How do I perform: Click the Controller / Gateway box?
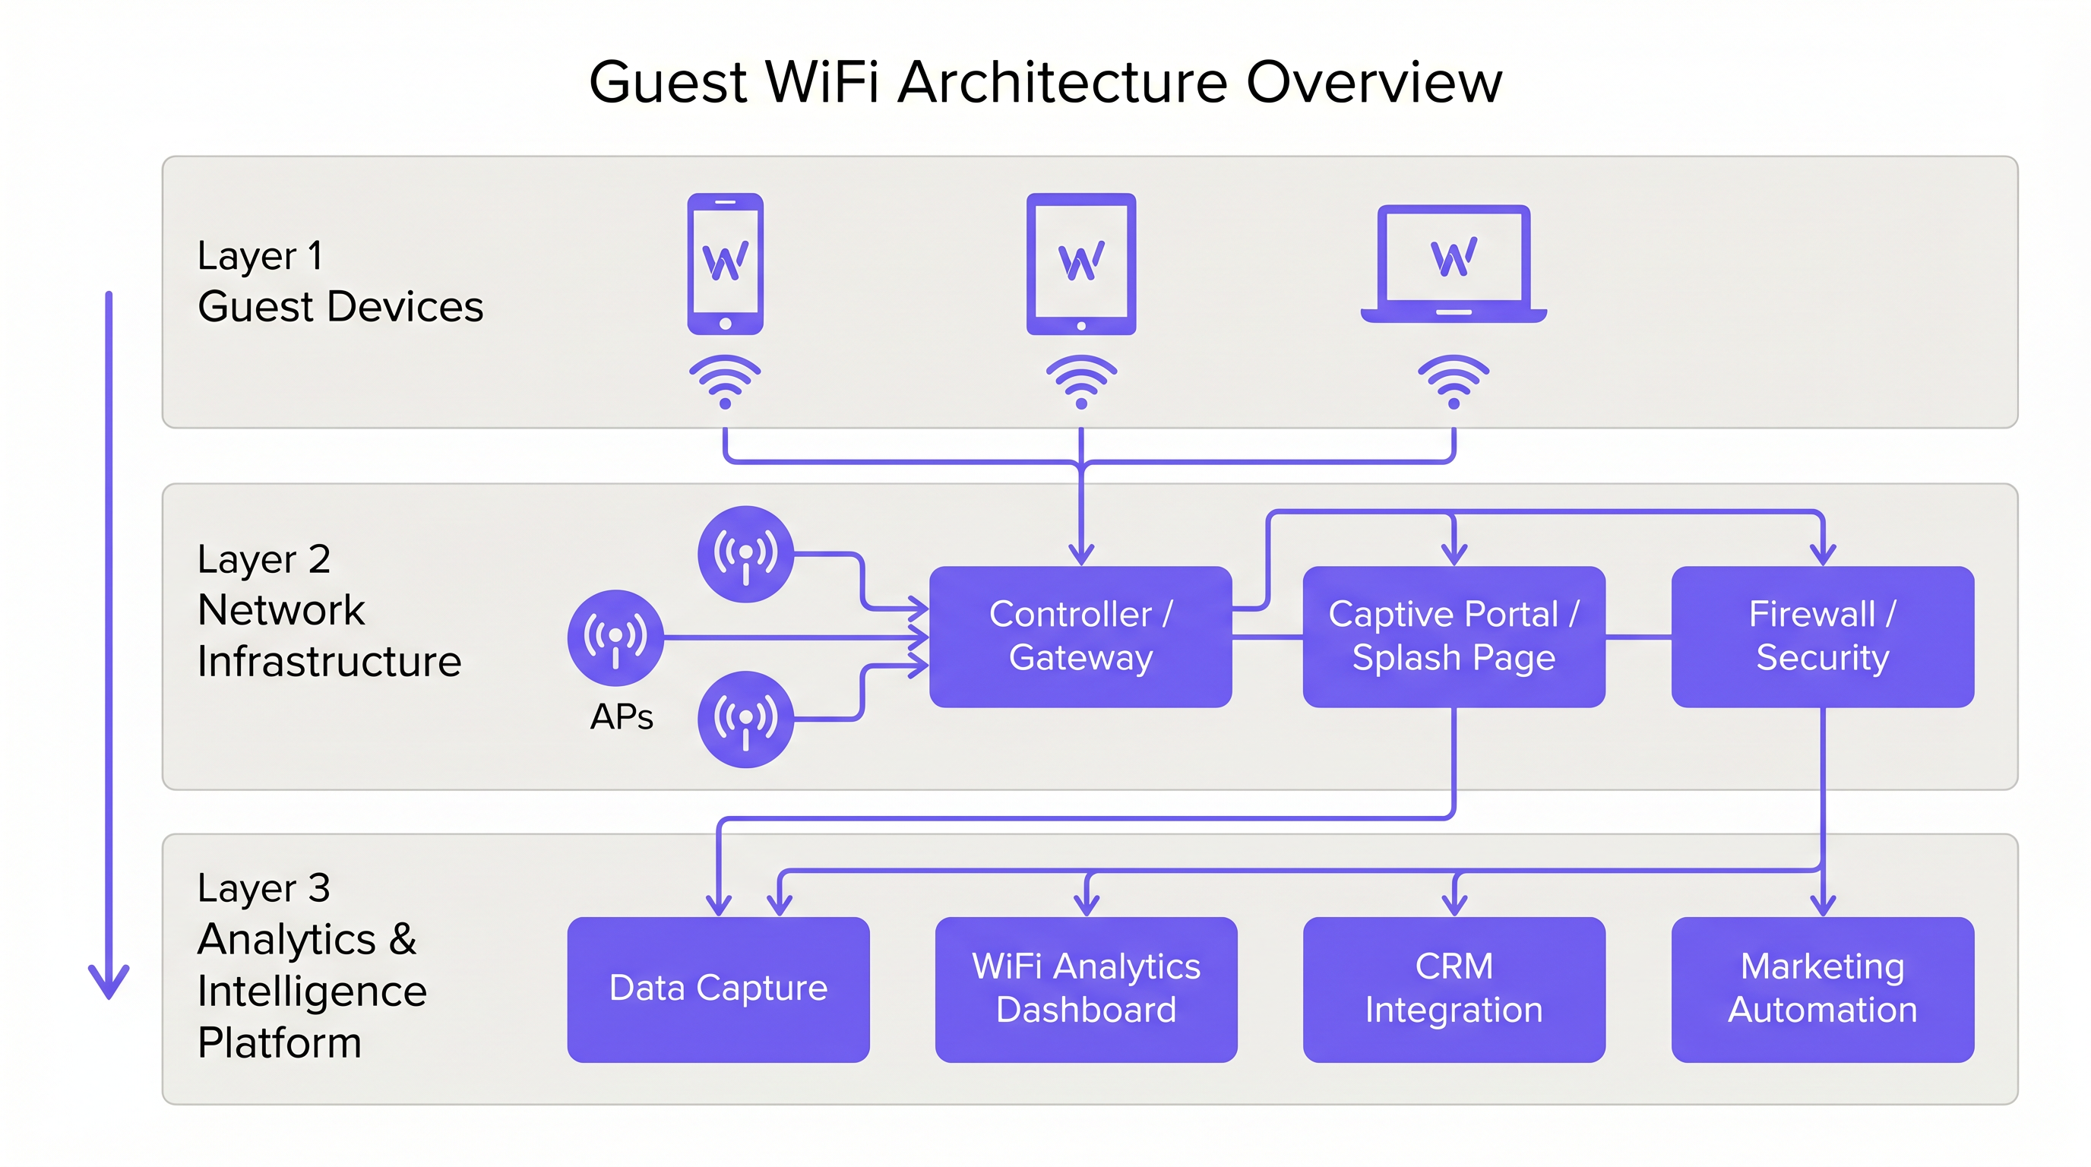[x=1080, y=636]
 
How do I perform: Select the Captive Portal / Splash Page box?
[x=1453, y=636]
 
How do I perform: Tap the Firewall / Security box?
[x=1822, y=636]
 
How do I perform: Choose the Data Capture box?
[x=717, y=988]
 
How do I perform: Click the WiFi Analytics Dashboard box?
[x=1086, y=988]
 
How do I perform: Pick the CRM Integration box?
[x=1453, y=988]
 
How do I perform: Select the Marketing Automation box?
[x=1822, y=988]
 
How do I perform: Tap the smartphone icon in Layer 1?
[x=725, y=264]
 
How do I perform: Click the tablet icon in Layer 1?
[x=1080, y=264]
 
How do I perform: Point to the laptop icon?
[x=1453, y=264]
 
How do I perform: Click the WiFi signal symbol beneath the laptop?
[x=1453, y=381]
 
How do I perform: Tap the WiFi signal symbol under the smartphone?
[x=725, y=381]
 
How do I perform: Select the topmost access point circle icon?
[x=745, y=555]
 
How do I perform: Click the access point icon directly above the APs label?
[x=615, y=637]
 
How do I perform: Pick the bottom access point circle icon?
[x=745, y=719]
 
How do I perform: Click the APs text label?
[x=621, y=717]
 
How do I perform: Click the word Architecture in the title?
[x=1061, y=82]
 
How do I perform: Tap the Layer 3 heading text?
[x=264, y=888]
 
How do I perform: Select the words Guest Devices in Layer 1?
[x=340, y=307]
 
